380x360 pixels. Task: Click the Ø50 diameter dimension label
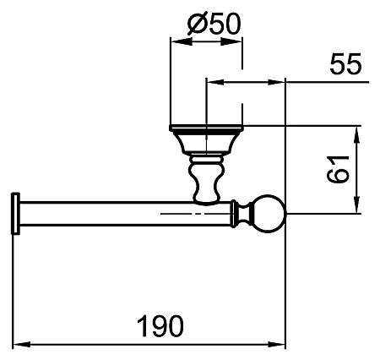(214, 24)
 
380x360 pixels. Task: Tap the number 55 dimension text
(345, 63)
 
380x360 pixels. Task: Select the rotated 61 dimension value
(338, 169)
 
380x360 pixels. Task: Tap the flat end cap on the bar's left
(15, 214)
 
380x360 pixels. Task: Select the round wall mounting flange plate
(206, 128)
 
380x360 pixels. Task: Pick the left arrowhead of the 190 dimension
(22, 344)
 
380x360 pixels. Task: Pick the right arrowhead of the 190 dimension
(277, 344)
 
